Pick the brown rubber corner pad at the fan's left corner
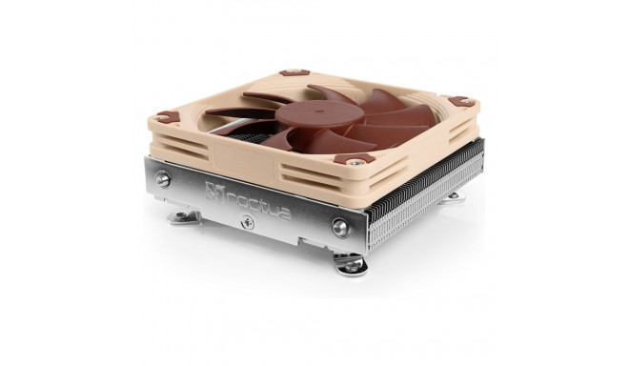(167, 116)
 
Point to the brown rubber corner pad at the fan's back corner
(293, 71)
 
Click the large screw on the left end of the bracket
(163, 178)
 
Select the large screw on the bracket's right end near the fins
(339, 227)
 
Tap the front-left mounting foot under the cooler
(183, 218)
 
